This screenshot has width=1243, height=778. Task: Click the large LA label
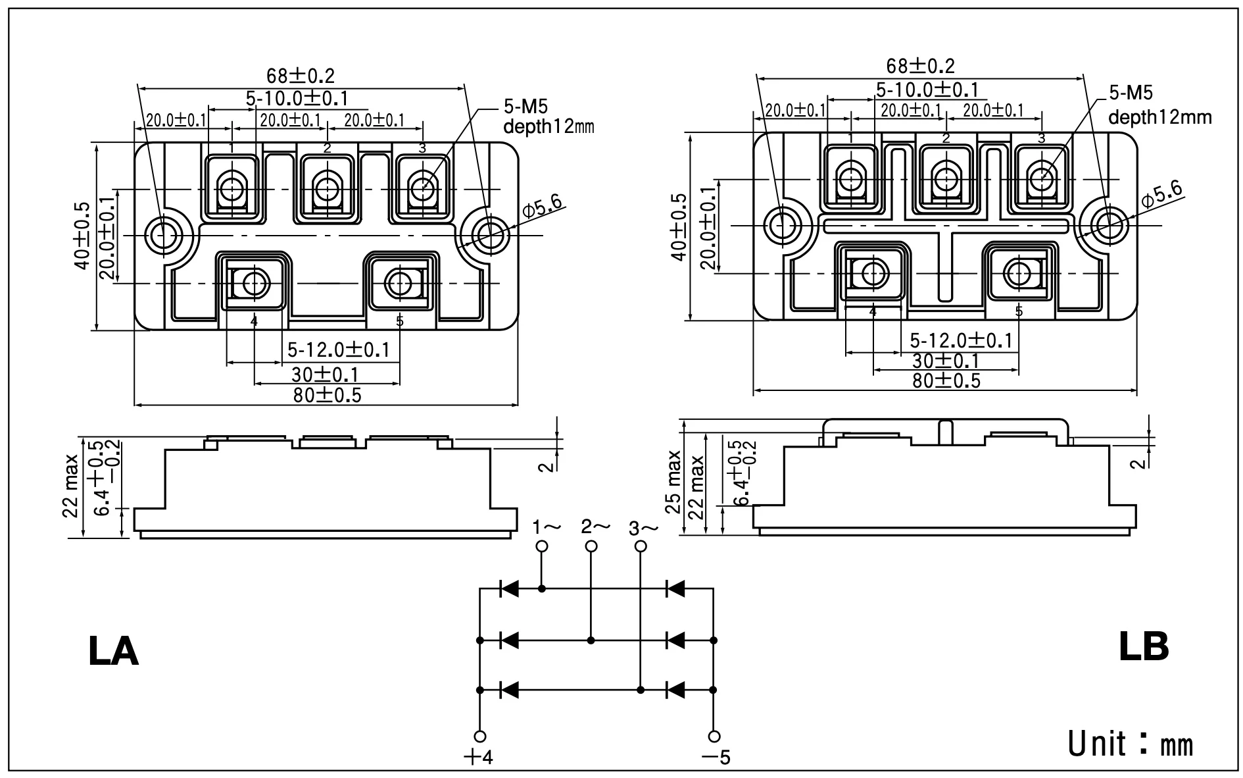(x=113, y=652)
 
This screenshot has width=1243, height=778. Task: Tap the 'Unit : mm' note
(x=1130, y=743)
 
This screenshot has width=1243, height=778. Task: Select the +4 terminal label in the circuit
(x=478, y=758)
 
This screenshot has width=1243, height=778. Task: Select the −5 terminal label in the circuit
(x=716, y=758)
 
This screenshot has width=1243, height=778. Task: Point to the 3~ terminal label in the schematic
(x=643, y=529)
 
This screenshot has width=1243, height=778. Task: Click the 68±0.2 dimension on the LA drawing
(x=301, y=76)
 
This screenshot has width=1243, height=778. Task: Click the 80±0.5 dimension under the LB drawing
(x=946, y=380)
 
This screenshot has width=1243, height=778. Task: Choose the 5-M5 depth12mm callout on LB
(x=1159, y=105)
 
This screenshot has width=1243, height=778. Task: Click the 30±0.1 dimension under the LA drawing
(x=326, y=375)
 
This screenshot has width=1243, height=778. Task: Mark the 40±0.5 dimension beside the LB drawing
(x=679, y=227)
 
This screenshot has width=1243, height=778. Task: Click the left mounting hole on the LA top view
(x=162, y=234)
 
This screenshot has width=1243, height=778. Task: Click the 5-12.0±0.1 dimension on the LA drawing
(x=338, y=350)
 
